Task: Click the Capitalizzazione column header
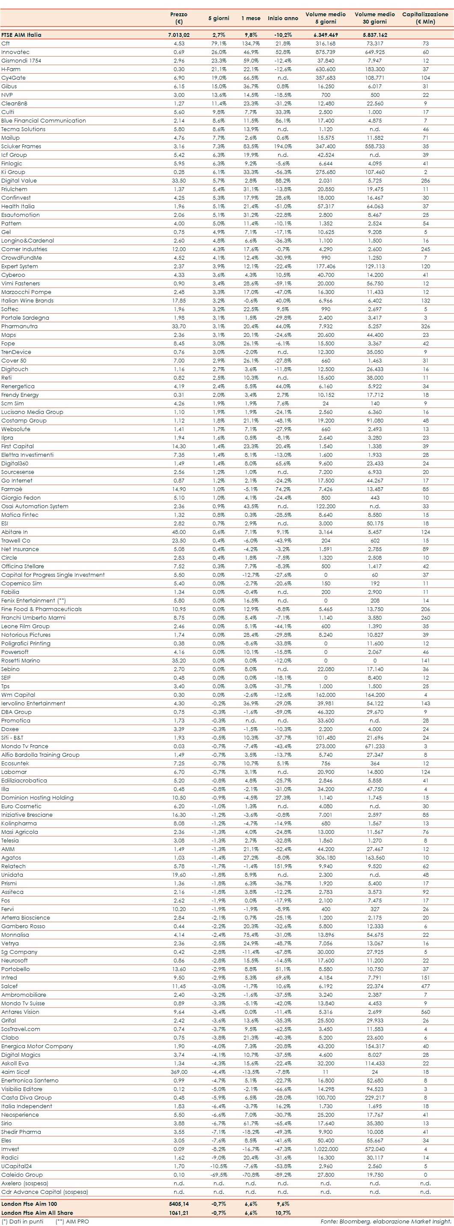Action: [x=425, y=18]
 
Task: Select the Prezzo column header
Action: [x=179, y=18]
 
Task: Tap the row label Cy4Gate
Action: [x=13, y=78]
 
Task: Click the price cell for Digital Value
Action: [x=179, y=180]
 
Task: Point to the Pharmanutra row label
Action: [x=19, y=326]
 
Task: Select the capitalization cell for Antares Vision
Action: [x=425, y=1011]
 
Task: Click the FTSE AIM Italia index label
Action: [x=21, y=35]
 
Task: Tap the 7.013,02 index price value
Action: [x=179, y=35]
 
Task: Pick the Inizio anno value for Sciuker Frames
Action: [x=282, y=146]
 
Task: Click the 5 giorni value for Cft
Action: [x=219, y=43]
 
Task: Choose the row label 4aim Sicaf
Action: [x=15, y=1071]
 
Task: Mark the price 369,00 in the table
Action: [x=179, y=1071]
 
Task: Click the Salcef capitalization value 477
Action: [x=425, y=986]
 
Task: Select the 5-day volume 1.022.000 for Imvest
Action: [x=325, y=1148]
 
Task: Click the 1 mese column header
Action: [x=250, y=18]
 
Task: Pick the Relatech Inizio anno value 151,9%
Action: [x=282, y=866]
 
